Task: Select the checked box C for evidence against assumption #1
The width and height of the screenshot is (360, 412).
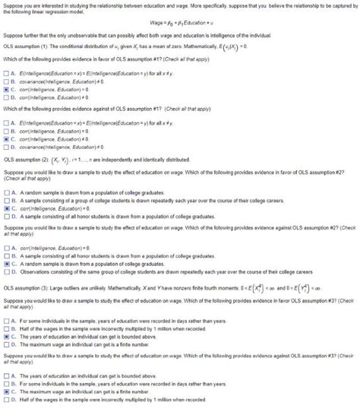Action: [6, 139]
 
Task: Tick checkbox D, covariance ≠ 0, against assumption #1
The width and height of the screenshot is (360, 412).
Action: [6, 146]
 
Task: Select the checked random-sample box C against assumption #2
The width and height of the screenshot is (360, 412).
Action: [6, 263]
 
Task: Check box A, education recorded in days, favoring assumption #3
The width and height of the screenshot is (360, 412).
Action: [6, 321]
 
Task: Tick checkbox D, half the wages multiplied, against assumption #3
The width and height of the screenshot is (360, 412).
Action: [6, 399]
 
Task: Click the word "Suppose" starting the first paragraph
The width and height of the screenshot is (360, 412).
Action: [13, 3]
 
